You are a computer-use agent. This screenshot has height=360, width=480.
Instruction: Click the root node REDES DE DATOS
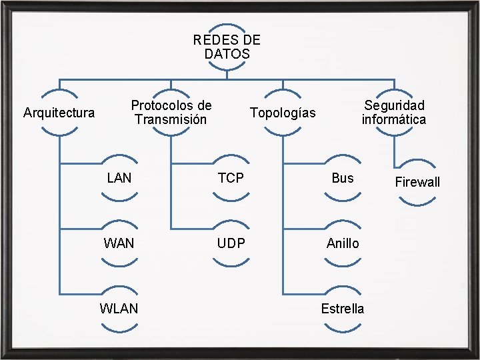227,47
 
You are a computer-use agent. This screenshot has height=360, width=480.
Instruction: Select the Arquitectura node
59,113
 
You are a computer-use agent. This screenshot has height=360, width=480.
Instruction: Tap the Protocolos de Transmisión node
171,113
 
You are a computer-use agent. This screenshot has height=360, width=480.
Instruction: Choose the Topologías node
283,113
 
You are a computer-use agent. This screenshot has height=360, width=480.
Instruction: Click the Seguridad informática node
394,113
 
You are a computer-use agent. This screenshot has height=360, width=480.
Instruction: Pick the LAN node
119,178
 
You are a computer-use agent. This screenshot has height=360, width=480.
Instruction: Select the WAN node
119,243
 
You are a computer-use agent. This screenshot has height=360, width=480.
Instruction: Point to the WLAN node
119,309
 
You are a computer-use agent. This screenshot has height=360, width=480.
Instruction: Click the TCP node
231,178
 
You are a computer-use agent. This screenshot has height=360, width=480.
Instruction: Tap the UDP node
231,243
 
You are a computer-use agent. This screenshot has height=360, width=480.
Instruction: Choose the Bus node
343,178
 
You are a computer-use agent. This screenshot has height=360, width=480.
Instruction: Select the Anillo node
343,243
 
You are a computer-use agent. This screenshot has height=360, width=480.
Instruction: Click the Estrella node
343,309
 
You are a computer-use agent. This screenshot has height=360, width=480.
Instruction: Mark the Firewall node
417,182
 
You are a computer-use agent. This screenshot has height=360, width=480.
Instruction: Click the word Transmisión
171,120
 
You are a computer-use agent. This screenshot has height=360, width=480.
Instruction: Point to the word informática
394,120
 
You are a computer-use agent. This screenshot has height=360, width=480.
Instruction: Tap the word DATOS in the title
227,54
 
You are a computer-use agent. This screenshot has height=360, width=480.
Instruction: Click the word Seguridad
394,105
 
